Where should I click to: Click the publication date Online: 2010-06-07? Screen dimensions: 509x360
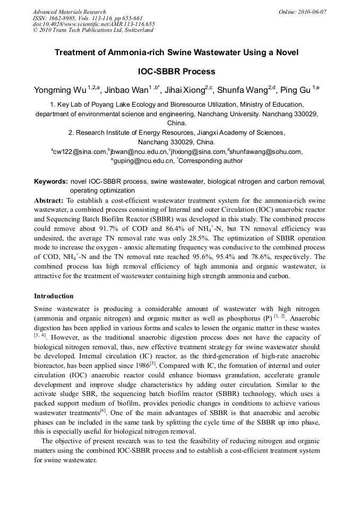coord(302,12)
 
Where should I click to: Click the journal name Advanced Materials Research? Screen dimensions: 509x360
coord(69,12)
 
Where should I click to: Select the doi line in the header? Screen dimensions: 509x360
coord(93,24)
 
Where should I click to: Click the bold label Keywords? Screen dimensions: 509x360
coord(51,182)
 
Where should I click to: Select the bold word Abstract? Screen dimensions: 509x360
coord(49,201)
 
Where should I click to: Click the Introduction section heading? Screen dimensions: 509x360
coord(54,296)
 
